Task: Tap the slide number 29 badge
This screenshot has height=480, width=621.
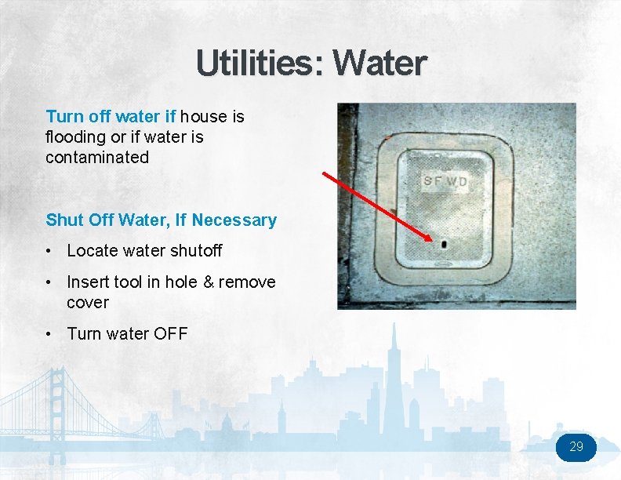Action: pyautogui.click(x=576, y=447)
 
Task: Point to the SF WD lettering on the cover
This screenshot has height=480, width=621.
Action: pyautogui.click(x=445, y=182)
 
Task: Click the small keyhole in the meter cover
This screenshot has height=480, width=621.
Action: pyautogui.click(x=444, y=244)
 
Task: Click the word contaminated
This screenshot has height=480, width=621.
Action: pyautogui.click(x=97, y=157)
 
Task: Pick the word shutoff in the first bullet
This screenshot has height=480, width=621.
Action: pyautogui.click(x=195, y=251)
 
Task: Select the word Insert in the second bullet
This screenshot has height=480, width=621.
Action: pyautogui.click(x=88, y=282)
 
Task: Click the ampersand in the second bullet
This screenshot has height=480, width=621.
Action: pyautogui.click(x=209, y=282)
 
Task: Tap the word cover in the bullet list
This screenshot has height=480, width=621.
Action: pyautogui.click(x=88, y=302)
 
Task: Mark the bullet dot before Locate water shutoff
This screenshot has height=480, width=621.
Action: pyautogui.click(x=49, y=251)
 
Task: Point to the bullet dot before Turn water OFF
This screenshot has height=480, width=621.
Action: pyautogui.click(x=49, y=333)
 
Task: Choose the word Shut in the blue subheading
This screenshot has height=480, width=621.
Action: pyautogui.click(x=65, y=220)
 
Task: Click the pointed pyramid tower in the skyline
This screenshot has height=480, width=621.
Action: pyautogui.click(x=395, y=369)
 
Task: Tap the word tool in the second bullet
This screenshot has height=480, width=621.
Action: pyautogui.click(x=127, y=282)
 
